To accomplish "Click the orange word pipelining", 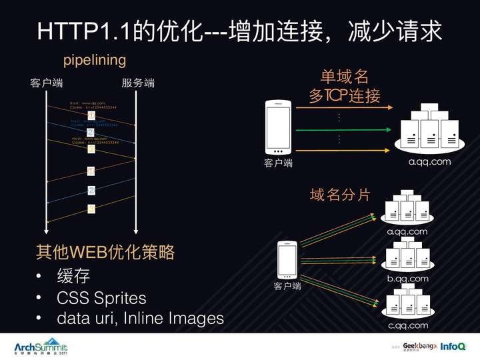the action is [95, 60].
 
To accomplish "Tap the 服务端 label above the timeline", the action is [138, 83].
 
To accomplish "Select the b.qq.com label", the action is [407, 279].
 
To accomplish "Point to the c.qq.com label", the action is [407, 325].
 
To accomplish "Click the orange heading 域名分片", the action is [340, 195].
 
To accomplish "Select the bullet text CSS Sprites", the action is [101, 297].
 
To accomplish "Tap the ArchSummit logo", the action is [41, 348].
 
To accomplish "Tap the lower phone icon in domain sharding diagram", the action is [287, 259].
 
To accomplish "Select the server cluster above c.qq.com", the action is [407, 301].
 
